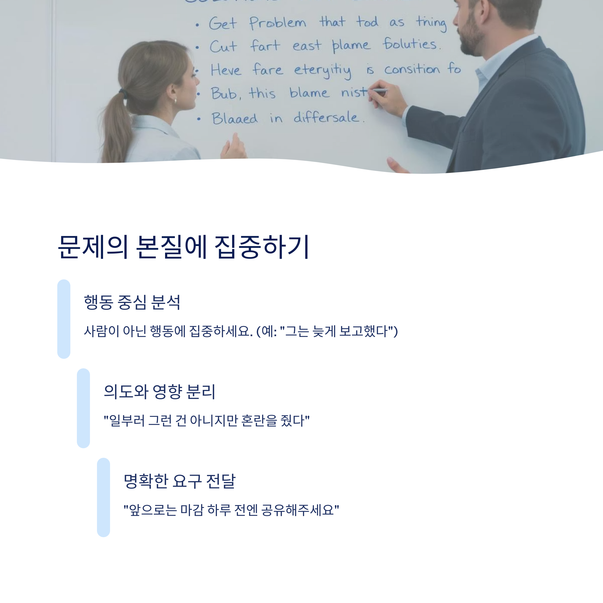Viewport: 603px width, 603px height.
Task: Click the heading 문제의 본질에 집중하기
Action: (x=183, y=247)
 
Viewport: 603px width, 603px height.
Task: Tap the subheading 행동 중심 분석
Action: (x=132, y=302)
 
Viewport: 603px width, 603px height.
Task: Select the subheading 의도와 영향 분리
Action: (x=159, y=391)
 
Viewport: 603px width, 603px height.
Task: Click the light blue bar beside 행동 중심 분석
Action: (x=64, y=319)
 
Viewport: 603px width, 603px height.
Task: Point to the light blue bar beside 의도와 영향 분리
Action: (x=83, y=408)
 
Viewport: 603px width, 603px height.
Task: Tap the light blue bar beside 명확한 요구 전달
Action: (x=103, y=497)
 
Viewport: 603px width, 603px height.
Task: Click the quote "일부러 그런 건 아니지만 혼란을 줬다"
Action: (x=206, y=421)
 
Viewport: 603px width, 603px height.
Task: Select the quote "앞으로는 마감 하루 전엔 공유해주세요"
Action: (x=231, y=510)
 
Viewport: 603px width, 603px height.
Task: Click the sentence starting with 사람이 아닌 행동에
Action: (x=240, y=331)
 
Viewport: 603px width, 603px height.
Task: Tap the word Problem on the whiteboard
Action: (x=277, y=23)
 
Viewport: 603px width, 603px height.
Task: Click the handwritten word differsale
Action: (x=326, y=117)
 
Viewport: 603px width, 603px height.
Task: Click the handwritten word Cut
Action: (x=223, y=46)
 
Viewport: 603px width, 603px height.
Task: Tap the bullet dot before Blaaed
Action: (x=199, y=119)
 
